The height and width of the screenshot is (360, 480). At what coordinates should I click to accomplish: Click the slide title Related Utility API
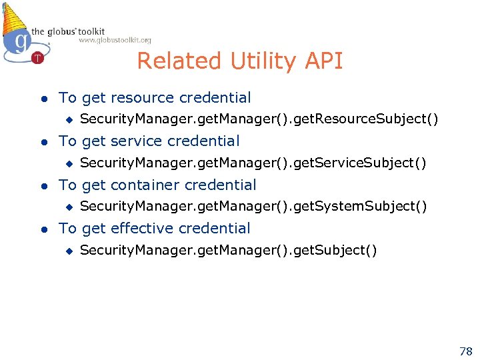click(x=240, y=61)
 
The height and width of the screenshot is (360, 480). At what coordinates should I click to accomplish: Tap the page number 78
click(x=465, y=351)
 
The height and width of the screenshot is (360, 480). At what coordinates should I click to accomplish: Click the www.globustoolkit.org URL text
click(x=115, y=41)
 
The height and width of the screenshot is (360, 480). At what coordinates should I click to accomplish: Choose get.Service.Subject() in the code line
click(x=365, y=163)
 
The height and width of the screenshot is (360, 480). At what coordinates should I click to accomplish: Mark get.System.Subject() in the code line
click(x=365, y=207)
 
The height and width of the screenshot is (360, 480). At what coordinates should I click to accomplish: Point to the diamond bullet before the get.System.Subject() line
click(x=67, y=207)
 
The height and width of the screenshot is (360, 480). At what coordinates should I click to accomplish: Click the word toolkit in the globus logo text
click(x=90, y=31)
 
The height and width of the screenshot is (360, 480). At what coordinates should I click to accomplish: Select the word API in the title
click(x=323, y=61)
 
